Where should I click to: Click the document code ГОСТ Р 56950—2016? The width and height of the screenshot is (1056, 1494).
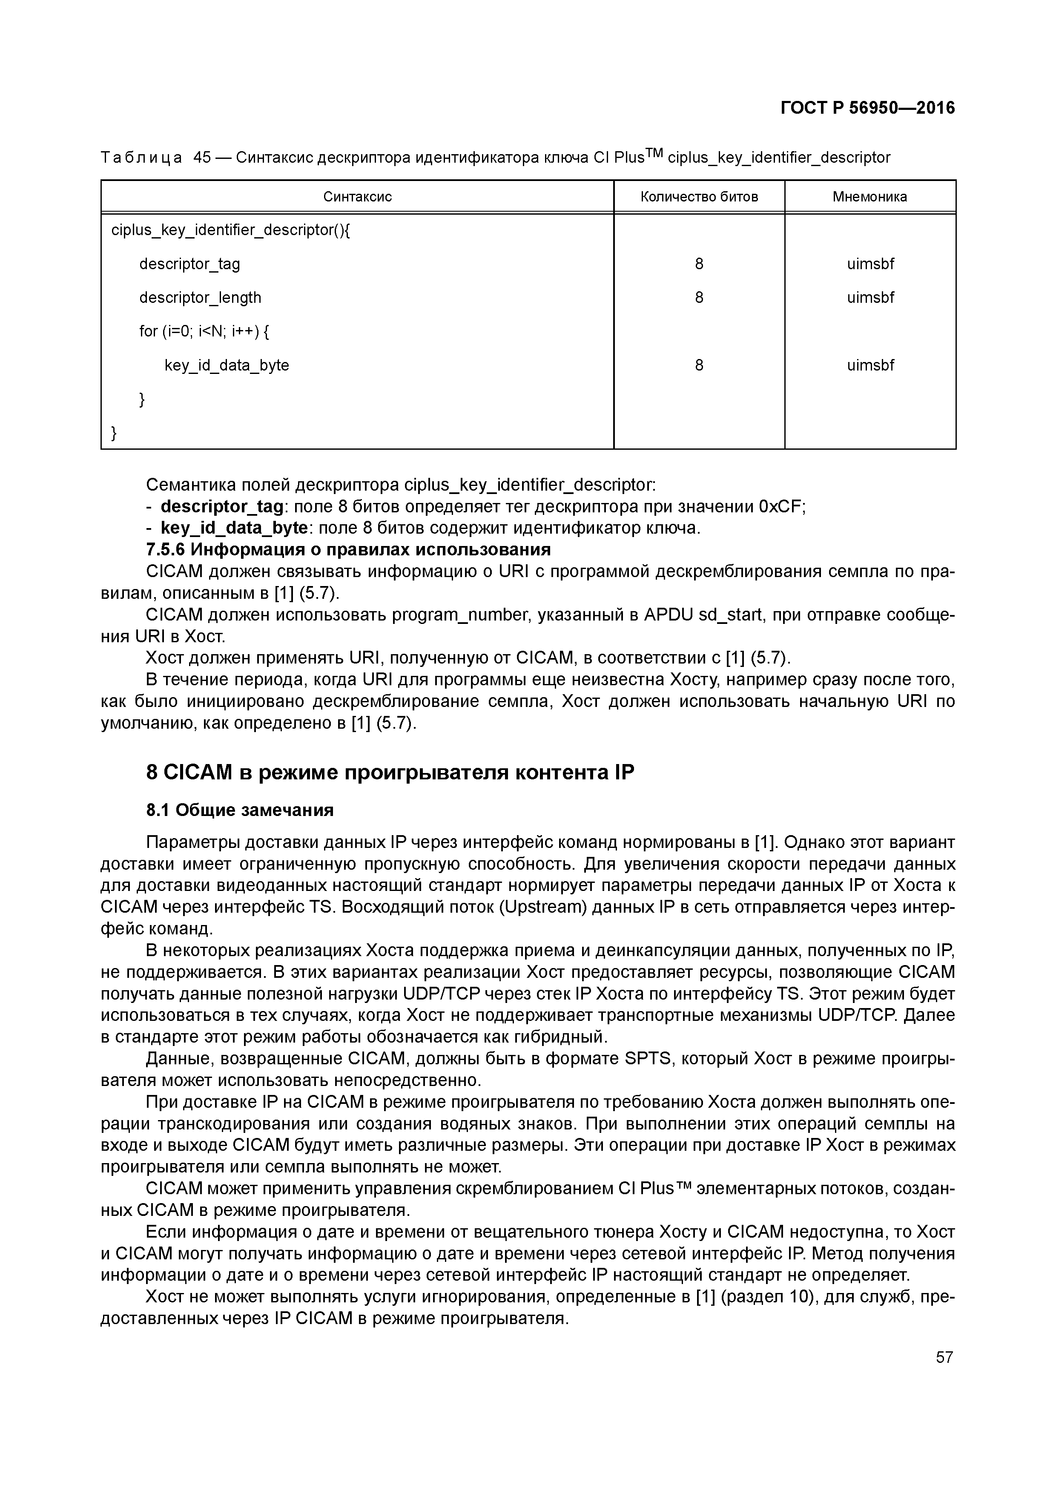point(867,108)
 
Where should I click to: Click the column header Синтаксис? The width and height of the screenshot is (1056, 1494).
point(357,196)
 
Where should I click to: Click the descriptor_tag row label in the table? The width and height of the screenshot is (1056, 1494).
point(189,264)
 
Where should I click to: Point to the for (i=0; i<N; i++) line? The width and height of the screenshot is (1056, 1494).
point(204,332)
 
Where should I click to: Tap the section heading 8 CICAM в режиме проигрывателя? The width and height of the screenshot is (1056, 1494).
point(390,773)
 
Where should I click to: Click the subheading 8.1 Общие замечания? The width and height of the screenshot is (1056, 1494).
point(239,810)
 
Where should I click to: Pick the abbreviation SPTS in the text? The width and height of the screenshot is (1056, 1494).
point(647,1059)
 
